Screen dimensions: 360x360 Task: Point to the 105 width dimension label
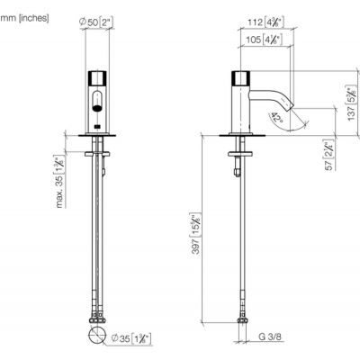[263, 39]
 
